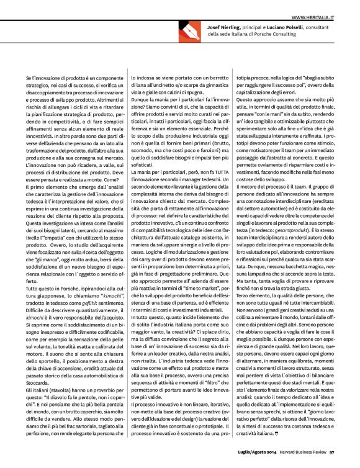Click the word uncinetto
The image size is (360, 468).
(x=165, y=84)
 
